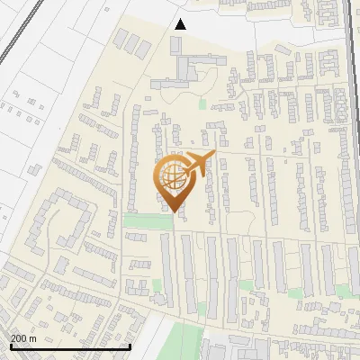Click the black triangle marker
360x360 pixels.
[x=180, y=24]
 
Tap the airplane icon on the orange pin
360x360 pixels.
[x=197, y=164]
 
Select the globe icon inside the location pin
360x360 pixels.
[x=171, y=176]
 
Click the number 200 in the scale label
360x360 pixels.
[x=19, y=338]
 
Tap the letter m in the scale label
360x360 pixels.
[x=33, y=338]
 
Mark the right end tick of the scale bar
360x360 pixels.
[x=131, y=346]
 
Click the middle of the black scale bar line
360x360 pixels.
[x=69, y=347]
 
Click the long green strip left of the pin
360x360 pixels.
[x=139, y=220]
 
